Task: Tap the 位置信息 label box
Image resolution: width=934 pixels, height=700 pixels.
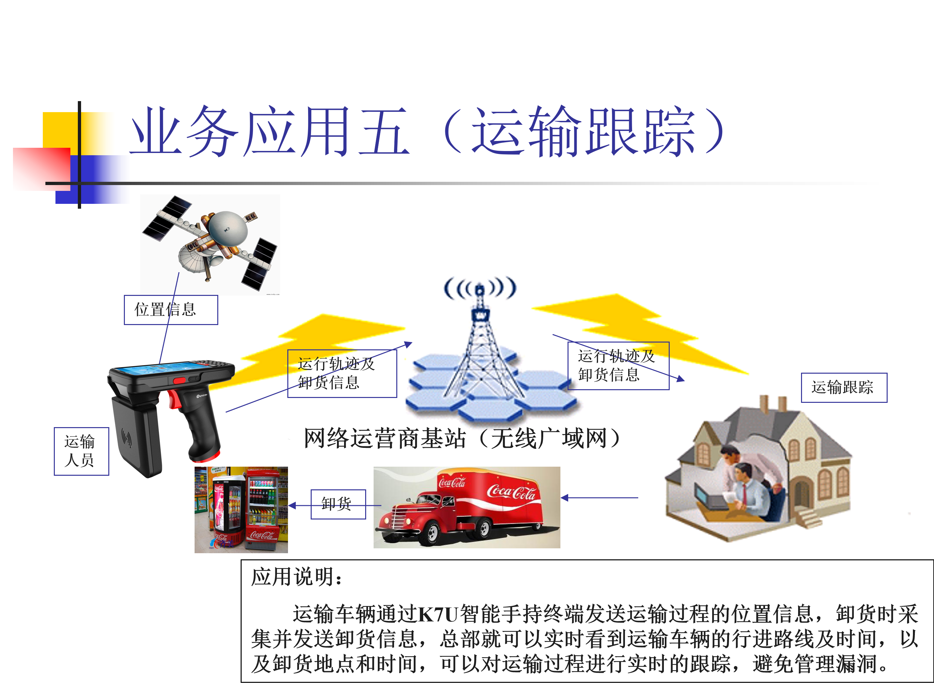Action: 171,310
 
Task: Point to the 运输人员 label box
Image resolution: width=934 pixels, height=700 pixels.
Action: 81,451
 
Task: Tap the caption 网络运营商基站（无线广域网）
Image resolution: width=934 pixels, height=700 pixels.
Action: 463,438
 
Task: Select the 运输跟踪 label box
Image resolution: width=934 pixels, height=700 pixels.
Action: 844,387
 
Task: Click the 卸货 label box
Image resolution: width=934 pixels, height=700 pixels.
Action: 338,504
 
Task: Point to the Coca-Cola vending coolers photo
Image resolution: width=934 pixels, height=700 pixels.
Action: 241,510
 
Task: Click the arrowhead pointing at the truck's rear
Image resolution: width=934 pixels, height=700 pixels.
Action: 565,498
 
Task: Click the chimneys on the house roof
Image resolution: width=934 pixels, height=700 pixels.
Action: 773,404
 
